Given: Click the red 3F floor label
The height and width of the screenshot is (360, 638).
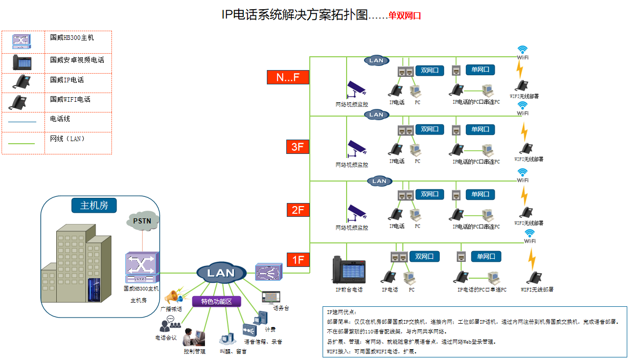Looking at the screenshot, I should point(298,147).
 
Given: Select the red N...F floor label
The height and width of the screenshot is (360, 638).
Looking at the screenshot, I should point(288,77).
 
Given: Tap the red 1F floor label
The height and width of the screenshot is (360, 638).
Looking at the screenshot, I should point(298,260).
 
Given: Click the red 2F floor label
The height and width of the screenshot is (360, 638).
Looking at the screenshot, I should point(298,210).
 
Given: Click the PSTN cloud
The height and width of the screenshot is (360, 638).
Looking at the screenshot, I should point(142,221).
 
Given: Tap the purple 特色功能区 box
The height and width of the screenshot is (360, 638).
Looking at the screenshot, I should point(216,302).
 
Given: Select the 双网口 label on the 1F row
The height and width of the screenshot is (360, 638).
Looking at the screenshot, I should point(424,256).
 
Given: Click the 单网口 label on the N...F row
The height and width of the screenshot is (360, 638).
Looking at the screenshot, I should point(480,70).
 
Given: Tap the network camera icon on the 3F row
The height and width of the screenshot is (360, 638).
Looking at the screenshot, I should point(356,147).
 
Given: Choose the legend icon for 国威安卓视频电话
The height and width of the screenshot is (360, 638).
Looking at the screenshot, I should point(22,61).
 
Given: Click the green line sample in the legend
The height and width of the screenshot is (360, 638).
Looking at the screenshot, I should point(22,144).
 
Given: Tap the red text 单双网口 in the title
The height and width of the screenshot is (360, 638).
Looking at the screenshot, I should point(404,16).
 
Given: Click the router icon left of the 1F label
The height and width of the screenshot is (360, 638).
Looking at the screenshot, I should point(268,273).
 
